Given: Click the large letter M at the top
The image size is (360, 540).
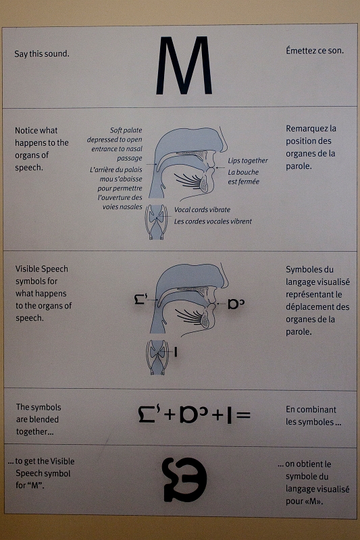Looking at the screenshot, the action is (x=184, y=65).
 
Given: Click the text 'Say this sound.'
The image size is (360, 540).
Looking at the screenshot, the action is (x=42, y=54).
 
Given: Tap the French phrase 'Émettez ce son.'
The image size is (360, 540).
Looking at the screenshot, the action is (x=315, y=51).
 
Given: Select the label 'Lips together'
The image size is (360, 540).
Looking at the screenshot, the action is (x=248, y=161).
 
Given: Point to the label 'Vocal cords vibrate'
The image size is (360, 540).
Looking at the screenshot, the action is (x=202, y=209).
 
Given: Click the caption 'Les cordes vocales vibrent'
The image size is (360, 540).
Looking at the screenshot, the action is (x=213, y=221).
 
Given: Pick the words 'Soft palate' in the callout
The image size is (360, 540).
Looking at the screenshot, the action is (x=126, y=130).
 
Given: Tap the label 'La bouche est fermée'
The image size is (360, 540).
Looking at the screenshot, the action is (x=244, y=177).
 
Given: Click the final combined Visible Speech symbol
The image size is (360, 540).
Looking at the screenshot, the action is (x=184, y=479).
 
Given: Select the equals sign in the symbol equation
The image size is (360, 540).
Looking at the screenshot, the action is (x=244, y=415).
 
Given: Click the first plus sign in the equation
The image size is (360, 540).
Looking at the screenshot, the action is (x=170, y=414).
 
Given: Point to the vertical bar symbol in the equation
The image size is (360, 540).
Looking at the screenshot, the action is (x=229, y=414).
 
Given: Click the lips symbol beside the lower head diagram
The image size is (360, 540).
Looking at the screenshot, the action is (x=236, y=304).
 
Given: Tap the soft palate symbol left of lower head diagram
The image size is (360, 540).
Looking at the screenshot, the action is (x=141, y=298).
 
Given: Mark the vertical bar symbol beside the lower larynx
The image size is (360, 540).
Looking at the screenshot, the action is (x=176, y=352).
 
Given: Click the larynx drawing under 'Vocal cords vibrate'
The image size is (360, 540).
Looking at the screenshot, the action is (x=157, y=222).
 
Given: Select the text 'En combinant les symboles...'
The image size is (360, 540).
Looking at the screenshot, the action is (x=313, y=416).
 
